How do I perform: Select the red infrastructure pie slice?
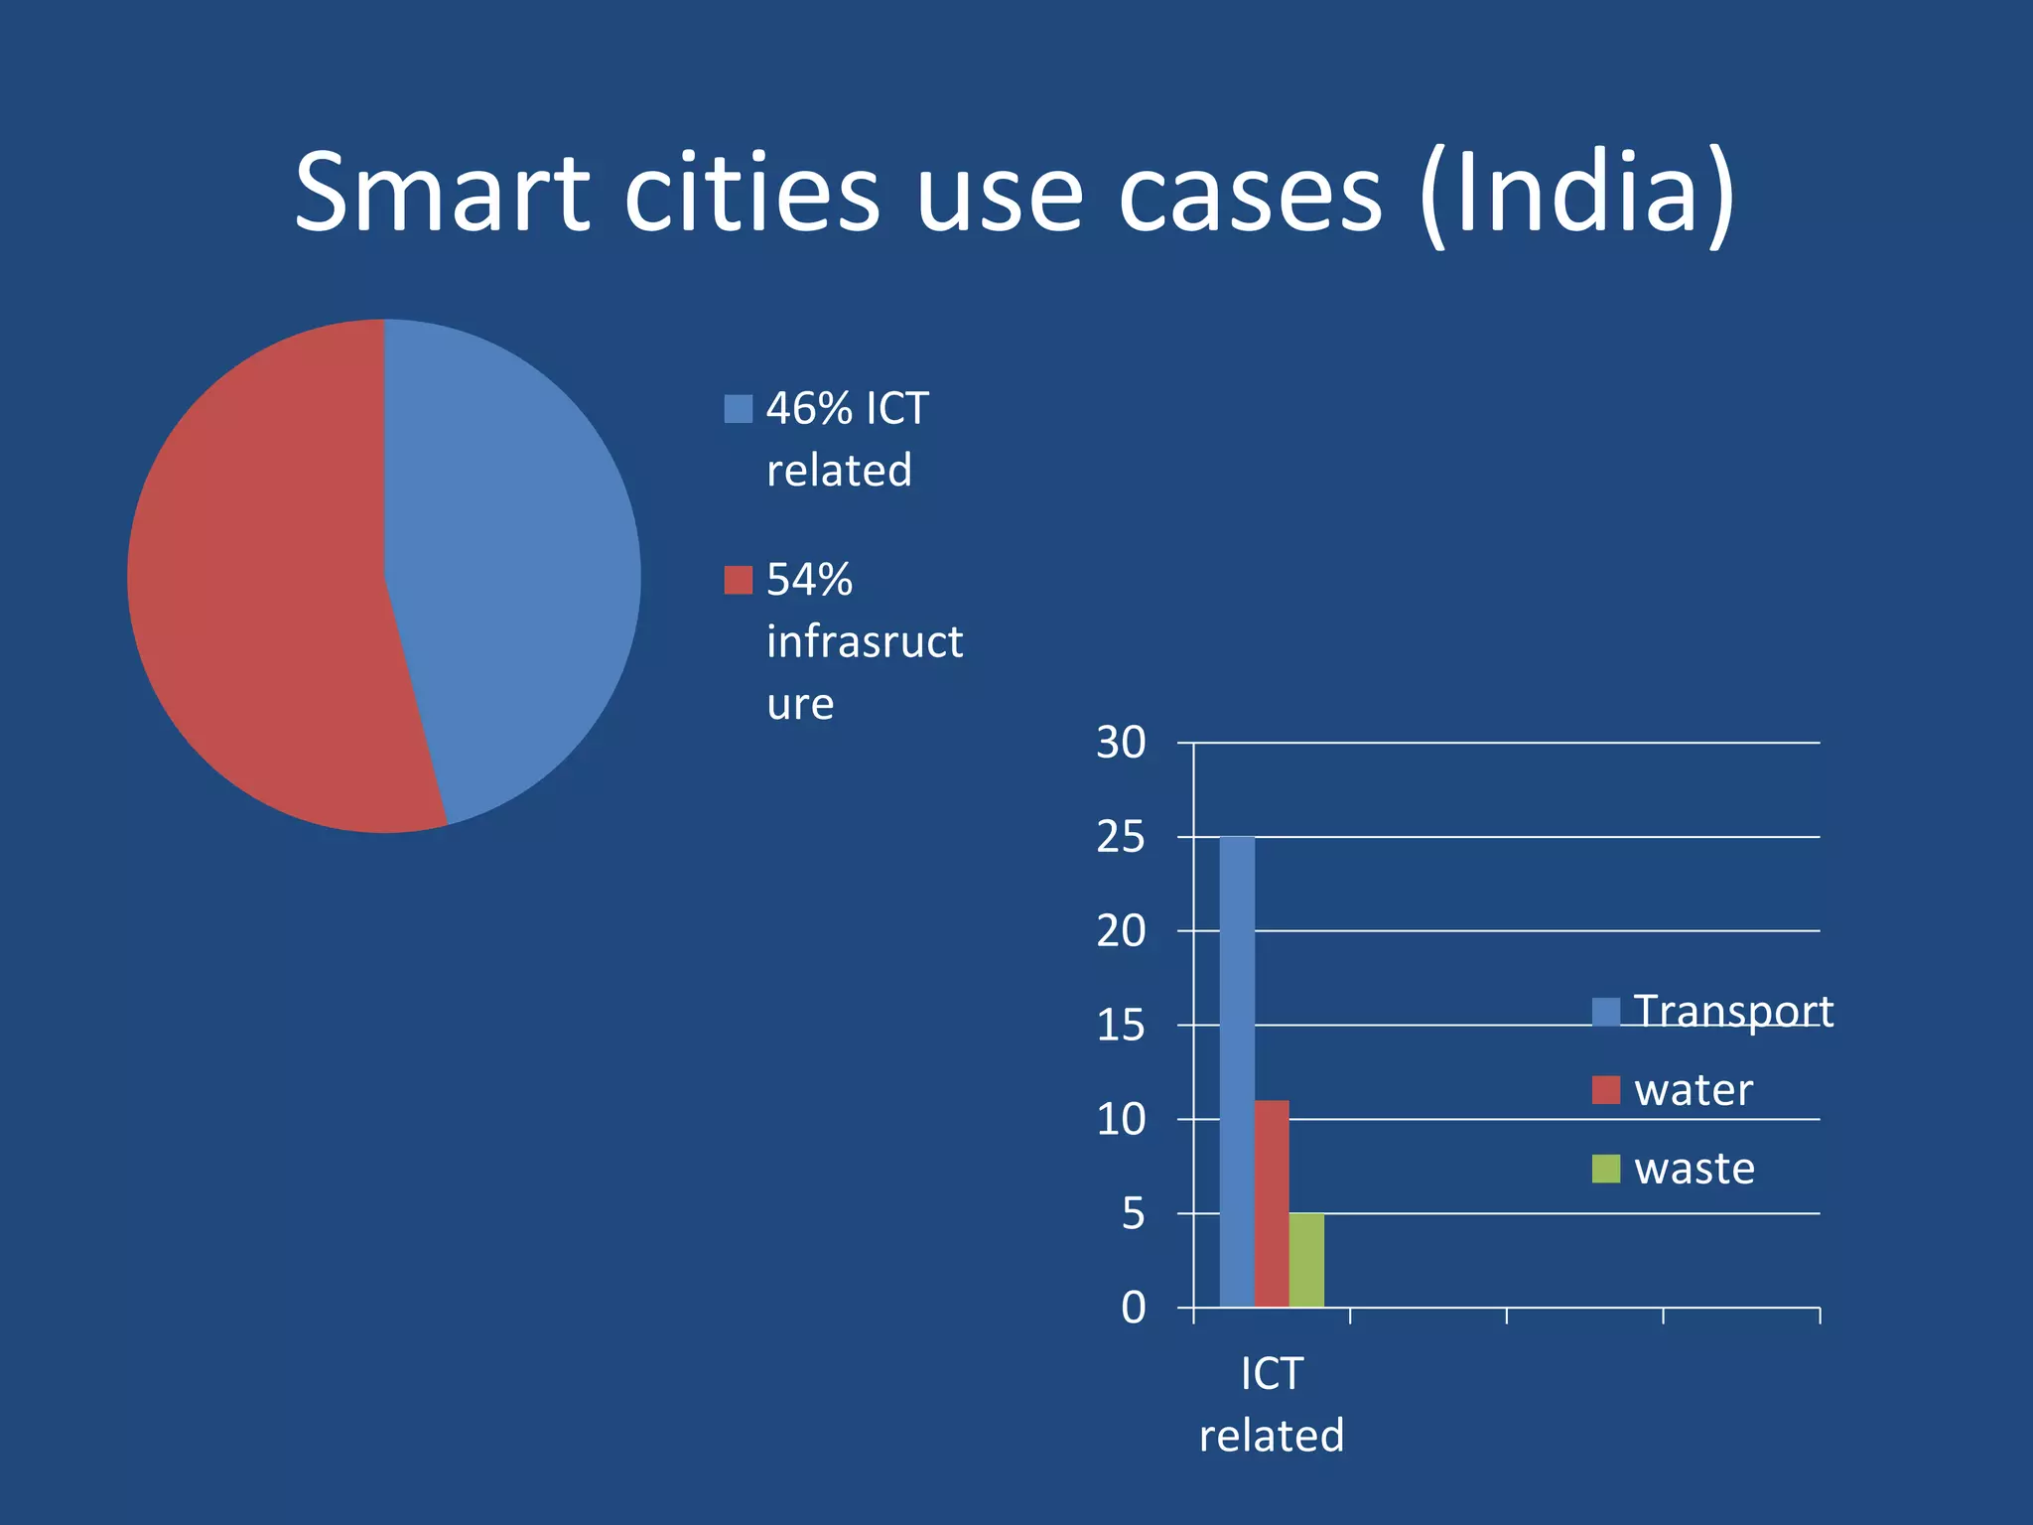coord(258,596)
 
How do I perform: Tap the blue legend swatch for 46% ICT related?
coord(738,409)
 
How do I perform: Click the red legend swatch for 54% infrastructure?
coord(738,580)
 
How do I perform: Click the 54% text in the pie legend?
coord(809,580)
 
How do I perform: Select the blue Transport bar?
coord(1237,1072)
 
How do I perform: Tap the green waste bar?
coord(1306,1260)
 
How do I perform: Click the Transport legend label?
coord(1733,1011)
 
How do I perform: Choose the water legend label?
coord(1694,1090)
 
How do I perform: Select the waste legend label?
coord(1694,1169)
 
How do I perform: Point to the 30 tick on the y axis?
coord(1121,743)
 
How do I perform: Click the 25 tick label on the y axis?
coord(1121,837)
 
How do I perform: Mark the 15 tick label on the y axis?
coord(1121,1026)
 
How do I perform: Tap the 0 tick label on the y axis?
coord(1133,1309)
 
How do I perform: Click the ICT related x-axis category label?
coord(1272,1404)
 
